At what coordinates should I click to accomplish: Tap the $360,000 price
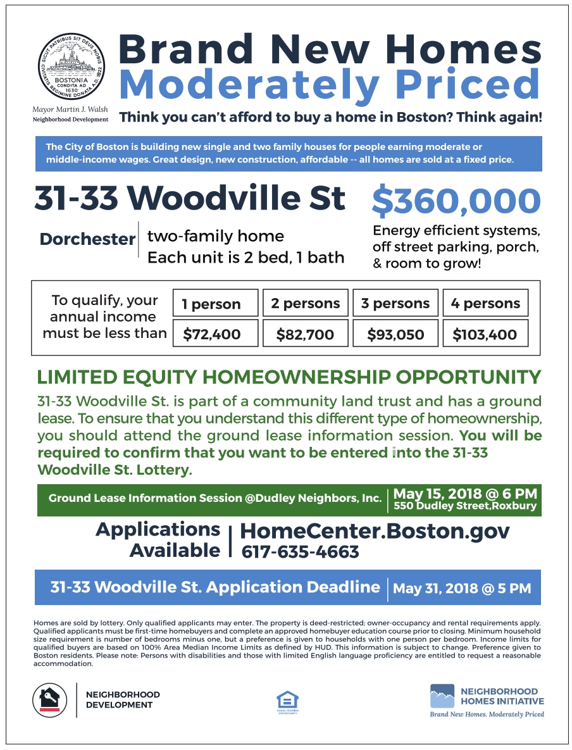coord(456,201)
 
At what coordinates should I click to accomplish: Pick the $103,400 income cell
coord(485,334)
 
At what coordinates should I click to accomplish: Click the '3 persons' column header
coord(395,303)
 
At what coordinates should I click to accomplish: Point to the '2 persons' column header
coord(305,303)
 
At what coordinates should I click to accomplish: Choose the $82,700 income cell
coord(305,334)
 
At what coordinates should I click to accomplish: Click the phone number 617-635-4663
coord(300,552)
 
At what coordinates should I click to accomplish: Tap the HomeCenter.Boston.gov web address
coord(375,530)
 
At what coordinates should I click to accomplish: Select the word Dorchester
coord(87,239)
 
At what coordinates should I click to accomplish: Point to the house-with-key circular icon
coord(49,700)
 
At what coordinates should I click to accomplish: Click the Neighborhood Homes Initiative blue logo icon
coord(442,696)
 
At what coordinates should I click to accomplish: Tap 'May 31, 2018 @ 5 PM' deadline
coord(462,589)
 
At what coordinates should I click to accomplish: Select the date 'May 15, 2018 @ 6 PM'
coord(465,493)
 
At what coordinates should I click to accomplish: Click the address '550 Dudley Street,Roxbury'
coord(465,506)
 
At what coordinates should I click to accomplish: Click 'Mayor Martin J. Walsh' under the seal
coord(70,109)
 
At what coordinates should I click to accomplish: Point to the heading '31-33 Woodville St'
coord(190,199)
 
